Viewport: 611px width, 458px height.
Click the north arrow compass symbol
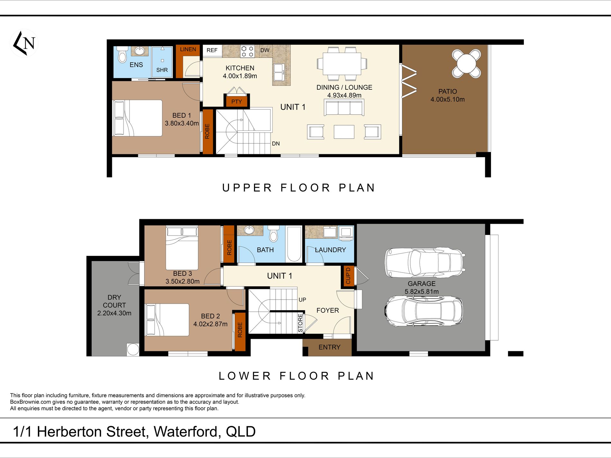pyautogui.click(x=24, y=43)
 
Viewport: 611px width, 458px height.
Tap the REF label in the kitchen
pyautogui.click(x=212, y=50)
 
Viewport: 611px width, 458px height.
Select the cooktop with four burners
pyautogui.click(x=247, y=51)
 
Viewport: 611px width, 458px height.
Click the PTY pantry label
pyautogui.click(x=236, y=102)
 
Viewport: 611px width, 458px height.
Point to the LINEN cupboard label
pyautogui.click(x=188, y=49)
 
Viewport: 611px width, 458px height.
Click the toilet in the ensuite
pyautogui.click(x=122, y=55)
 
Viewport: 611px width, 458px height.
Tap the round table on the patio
pyautogui.click(x=466, y=63)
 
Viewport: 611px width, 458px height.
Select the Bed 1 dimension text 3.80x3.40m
pyautogui.click(x=182, y=123)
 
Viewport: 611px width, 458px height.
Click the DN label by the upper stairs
pyautogui.click(x=276, y=144)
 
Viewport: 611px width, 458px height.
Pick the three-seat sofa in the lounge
pyautogui.click(x=344, y=107)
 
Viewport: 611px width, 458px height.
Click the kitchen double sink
pyautogui.click(x=278, y=72)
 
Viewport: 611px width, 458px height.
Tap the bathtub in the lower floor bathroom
pyautogui.click(x=294, y=244)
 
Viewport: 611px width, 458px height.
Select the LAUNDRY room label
pyautogui.click(x=330, y=250)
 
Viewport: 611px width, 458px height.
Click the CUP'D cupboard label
pyautogui.click(x=348, y=276)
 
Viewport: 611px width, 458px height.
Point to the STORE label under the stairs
pyautogui.click(x=300, y=323)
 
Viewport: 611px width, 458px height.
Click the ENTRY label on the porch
pyautogui.click(x=329, y=347)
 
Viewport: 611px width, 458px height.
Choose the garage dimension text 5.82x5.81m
pyautogui.click(x=422, y=292)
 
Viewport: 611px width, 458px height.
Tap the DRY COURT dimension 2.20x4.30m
pyautogui.click(x=114, y=313)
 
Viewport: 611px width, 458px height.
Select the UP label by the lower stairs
pyautogui.click(x=302, y=300)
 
